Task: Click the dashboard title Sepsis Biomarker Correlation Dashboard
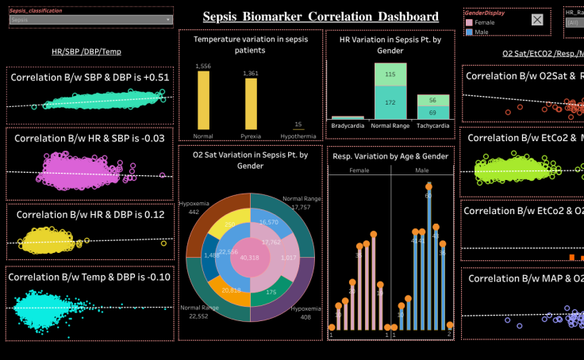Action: coord(320,17)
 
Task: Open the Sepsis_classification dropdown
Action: coord(90,21)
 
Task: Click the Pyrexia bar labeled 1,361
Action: coord(251,103)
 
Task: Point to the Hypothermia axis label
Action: coord(298,136)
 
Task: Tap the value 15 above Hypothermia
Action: coord(298,124)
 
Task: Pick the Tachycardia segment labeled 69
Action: coord(432,113)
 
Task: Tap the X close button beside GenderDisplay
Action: coord(537,21)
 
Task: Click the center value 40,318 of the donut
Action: coord(249,258)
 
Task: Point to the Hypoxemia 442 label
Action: coord(194,207)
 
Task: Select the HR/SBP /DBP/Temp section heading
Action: coord(86,52)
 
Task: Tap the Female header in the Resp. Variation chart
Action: coord(359,170)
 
